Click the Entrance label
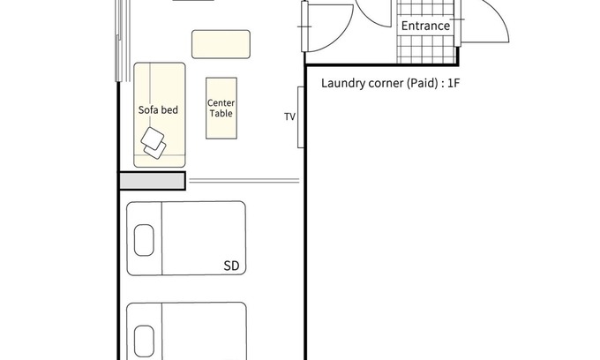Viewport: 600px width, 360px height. click(x=425, y=26)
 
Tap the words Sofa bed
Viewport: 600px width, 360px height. click(x=158, y=110)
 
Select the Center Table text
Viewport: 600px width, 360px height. click(x=221, y=109)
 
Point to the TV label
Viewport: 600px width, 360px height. click(x=290, y=116)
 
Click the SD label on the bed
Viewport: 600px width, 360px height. click(x=231, y=266)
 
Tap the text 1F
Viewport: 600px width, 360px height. click(x=453, y=83)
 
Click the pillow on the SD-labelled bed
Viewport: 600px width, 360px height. click(x=144, y=240)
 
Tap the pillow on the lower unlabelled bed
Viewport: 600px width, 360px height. click(x=144, y=341)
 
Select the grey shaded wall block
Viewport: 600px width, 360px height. click(x=153, y=181)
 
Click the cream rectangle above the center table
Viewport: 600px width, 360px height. click(x=221, y=44)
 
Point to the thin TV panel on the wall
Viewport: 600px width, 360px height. click(x=301, y=117)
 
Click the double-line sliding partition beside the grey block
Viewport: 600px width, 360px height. click(x=244, y=181)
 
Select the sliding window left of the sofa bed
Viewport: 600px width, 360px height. click(x=123, y=41)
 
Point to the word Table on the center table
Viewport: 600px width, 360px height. click(x=221, y=114)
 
